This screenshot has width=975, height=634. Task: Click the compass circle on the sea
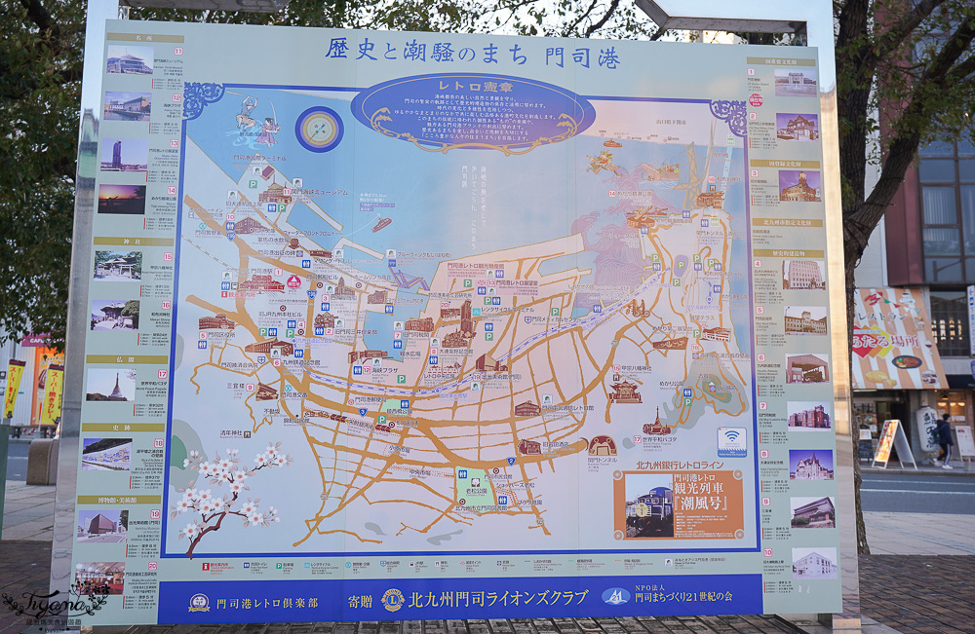coord(320,129)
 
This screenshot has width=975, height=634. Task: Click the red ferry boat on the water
coord(381,223)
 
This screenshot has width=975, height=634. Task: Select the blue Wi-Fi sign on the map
coord(731,441)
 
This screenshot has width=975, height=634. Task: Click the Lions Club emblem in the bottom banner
coord(392,599)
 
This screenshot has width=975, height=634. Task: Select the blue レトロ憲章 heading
coord(472,87)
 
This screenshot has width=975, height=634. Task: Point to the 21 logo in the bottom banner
coord(615,597)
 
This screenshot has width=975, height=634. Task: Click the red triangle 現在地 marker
coord(292,281)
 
